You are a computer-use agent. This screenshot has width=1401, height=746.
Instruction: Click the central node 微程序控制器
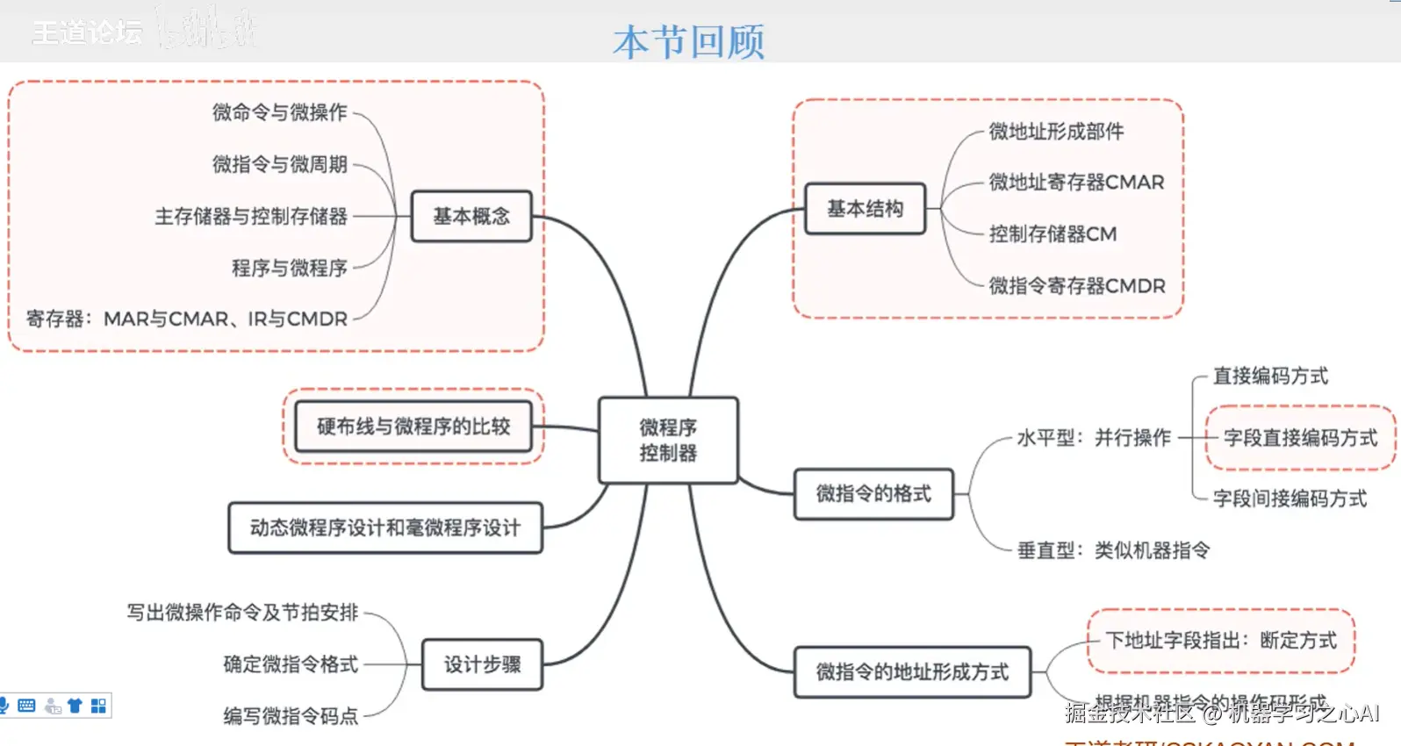pyautogui.click(x=668, y=440)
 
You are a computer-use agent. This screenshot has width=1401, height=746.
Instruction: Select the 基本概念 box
pyautogui.click(x=471, y=216)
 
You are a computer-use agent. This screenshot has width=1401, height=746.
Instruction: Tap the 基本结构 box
pyautogui.click(x=865, y=209)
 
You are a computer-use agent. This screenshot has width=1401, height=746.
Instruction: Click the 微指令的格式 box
pyautogui.click(x=873, y=494)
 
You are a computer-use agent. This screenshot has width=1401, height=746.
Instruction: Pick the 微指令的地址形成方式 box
pyautogui.click(x=912, y=672)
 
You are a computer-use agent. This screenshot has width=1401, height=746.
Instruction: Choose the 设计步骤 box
pyautogui.click(x=482, y=664)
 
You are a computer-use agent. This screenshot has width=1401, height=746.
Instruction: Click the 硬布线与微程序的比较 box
pyautogui.click(x=413, y=427)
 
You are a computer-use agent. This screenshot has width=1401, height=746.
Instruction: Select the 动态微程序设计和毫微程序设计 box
pyautogui.click(x=385, y=527)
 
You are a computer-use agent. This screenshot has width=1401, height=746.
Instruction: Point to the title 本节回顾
pyautogui.click(x=689, y=41)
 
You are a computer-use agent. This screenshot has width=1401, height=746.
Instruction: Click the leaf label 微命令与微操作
pyautogui.click(x=280, y=112)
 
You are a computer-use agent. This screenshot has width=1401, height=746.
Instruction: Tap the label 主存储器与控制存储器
pyautogui.click(x=251, y=216)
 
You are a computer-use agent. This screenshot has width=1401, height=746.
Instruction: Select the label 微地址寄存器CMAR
pyautogui.click(x=1076, y=183)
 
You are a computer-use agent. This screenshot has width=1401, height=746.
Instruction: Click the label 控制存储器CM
pyautogui.click(x=1053, y=234)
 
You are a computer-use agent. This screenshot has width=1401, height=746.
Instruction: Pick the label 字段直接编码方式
pyautogui.click(x=1300, y=438)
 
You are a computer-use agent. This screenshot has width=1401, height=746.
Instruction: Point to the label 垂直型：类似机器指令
pyautogui.click(x=1113, y=550)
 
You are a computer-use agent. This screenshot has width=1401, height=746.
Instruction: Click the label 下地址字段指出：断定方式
pyautogui.click(x=1221, y=641)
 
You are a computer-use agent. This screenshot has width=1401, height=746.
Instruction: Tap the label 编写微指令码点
pyautogui.click(x=291, y=716)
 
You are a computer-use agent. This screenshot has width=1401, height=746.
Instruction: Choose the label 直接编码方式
pyautogui.click(x=1270, y=377)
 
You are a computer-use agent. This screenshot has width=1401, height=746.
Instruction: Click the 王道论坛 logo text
pyautogui.click(x=87, y=33)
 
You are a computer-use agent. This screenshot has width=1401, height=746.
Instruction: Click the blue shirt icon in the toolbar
pyautogui.click(x=75, y=706)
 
